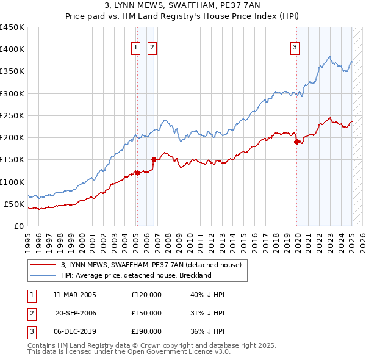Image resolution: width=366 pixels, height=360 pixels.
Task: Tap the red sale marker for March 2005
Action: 137,173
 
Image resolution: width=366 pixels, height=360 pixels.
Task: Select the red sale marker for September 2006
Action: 154,160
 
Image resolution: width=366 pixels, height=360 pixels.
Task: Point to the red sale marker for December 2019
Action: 297,142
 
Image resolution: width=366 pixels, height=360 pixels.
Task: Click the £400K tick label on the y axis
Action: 12,49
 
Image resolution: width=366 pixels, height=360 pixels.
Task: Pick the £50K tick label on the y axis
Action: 14,204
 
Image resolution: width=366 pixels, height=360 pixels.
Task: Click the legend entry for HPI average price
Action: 135,275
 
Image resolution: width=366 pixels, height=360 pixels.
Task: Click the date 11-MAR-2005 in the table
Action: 74,295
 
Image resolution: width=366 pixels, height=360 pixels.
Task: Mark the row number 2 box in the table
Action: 30,313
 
